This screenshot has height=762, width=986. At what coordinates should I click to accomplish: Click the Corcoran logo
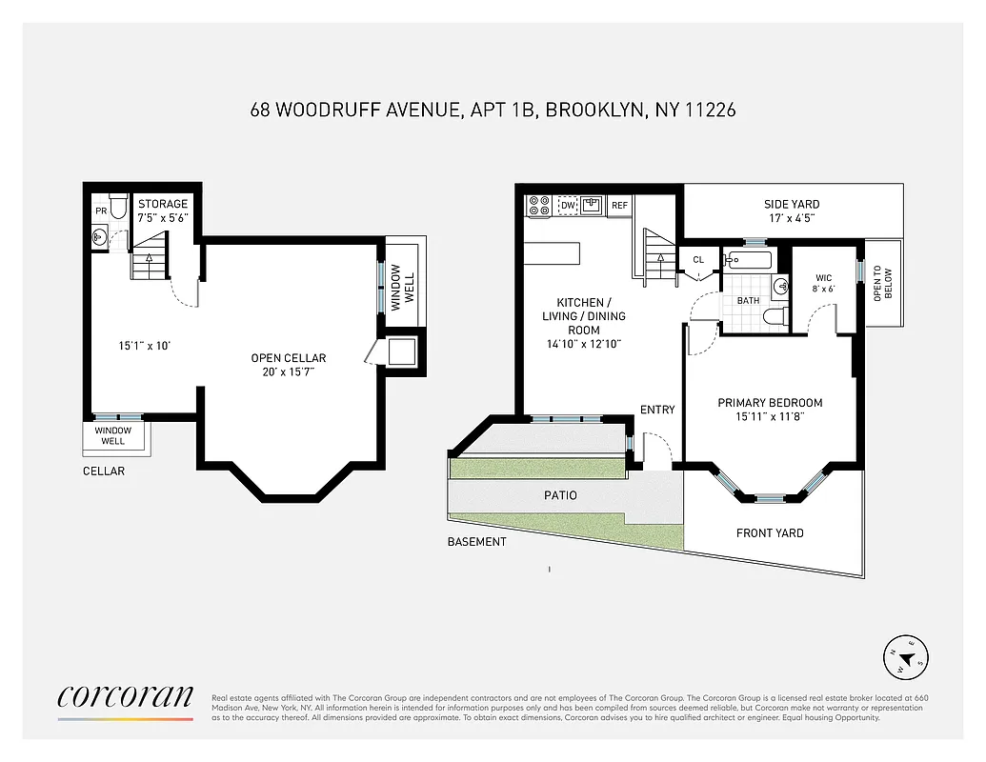point(126,696)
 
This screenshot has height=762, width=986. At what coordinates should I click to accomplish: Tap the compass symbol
point(906,658)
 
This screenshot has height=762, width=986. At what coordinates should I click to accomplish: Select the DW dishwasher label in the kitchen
point(568,205)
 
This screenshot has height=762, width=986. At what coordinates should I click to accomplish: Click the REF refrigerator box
point(619,205)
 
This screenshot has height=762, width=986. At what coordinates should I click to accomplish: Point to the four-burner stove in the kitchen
point(539,206)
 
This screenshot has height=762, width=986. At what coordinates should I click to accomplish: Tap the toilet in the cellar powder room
point(119,206)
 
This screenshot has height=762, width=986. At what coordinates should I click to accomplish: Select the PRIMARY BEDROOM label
point(770,403)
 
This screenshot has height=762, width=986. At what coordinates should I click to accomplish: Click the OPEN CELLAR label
point(289,358)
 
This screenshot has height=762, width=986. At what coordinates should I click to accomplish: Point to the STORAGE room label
point(163,204)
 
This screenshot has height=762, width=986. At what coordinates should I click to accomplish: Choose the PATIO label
point(561,495)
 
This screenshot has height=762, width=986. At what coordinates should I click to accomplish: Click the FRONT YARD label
point(770,533)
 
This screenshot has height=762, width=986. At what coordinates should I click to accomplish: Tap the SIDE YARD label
point(792,204)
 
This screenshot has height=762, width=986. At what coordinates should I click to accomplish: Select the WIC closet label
point(824,278)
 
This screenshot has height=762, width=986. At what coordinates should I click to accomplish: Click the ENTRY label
point(657,410)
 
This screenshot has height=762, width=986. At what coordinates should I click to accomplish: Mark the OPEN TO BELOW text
point(883,282)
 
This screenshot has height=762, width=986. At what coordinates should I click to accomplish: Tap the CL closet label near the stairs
point(698,259)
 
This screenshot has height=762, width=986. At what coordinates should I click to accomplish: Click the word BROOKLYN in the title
point(594,110)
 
